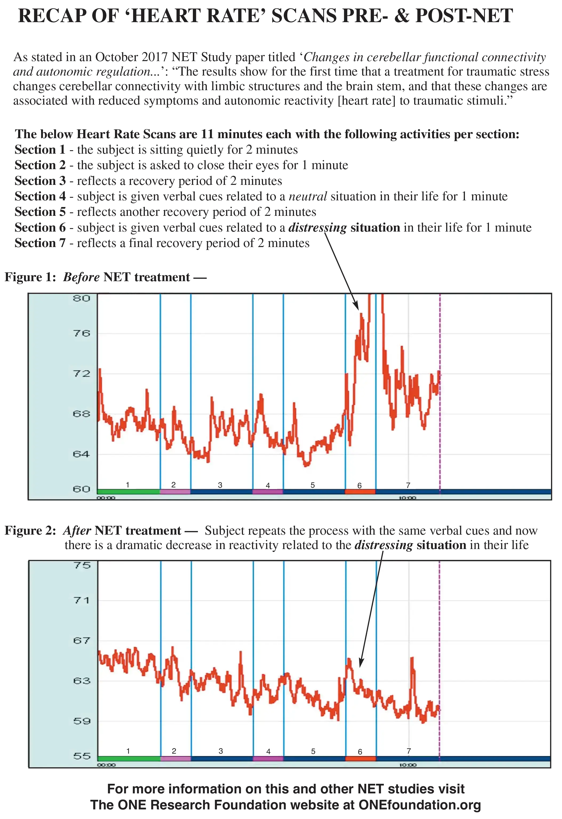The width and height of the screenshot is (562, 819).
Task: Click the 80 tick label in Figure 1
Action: tap(81, 299)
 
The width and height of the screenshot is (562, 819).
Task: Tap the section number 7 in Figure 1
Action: tap(408, 485)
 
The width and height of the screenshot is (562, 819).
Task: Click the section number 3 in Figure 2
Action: tap(221, 751)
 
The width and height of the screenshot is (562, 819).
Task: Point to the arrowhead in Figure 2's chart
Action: tap(361, 662)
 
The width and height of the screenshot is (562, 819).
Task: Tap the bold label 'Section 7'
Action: tap(40, 243)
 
